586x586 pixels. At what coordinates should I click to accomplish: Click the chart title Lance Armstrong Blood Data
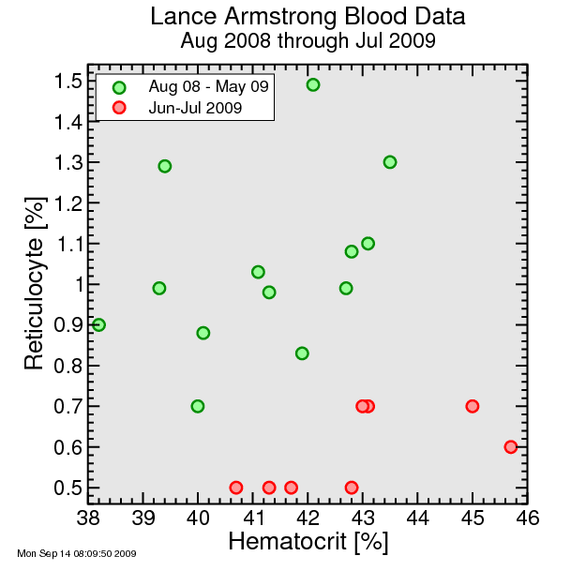point(308,17)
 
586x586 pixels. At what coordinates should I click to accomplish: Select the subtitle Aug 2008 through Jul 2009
point(308,40)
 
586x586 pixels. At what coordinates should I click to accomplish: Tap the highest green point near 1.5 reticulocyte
point(313,84)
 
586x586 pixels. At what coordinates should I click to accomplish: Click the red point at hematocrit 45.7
point(510,446)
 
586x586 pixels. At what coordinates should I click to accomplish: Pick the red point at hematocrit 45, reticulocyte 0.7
point(473,406)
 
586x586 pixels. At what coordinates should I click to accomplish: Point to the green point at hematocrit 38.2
point(98,324)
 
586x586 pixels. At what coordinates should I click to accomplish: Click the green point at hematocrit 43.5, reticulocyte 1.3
point(390,162)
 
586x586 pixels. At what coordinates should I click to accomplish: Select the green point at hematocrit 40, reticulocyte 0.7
point(198,406)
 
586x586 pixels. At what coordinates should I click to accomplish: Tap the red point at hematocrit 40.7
point(236,488)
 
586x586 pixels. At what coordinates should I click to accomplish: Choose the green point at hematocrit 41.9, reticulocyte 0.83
point(302,353)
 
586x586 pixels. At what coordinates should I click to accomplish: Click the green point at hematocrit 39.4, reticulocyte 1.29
point(165,166)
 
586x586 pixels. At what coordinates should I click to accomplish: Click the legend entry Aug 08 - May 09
point(208,86)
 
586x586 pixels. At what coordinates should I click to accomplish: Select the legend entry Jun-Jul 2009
point(195,108)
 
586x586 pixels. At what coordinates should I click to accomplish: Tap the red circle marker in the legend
point(119,108)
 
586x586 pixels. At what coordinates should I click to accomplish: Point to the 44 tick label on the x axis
point(417,518)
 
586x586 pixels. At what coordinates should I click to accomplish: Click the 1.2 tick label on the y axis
point(68,203)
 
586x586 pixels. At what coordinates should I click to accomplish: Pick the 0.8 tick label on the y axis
point(68,366)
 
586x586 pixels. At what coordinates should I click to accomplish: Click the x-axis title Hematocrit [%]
point(308,542)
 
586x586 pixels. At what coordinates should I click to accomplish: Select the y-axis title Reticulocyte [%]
point(35,283)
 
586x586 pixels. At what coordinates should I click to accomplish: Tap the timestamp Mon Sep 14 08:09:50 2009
point(77,553)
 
